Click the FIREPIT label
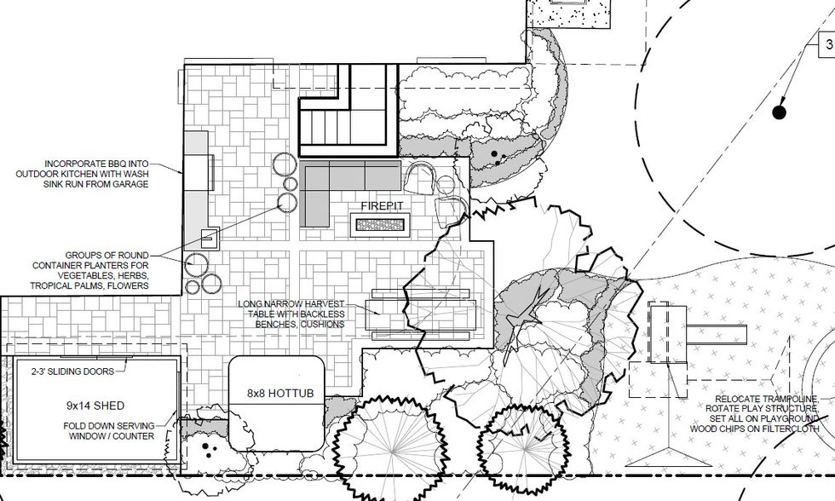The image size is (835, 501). point(382,206)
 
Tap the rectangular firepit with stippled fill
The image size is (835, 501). point(380,225)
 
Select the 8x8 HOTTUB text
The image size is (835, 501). point(280,394)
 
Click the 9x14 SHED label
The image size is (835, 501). point(95,406)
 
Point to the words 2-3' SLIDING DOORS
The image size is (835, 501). point(73,371)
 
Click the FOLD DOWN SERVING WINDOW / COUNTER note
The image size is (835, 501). point(109,431)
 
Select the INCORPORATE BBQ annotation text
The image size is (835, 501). point(83,174)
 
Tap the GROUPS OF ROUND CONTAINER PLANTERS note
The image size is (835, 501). point(89,270)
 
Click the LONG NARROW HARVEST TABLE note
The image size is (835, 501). point(291,314)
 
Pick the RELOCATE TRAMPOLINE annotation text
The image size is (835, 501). point(754,414)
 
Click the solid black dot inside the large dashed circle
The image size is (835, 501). point(779,112)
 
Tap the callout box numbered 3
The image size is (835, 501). point(827,44)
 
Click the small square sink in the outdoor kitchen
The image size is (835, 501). point(210,239)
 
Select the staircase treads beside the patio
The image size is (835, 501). point(342,126)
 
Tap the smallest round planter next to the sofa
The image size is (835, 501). point(291,184)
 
